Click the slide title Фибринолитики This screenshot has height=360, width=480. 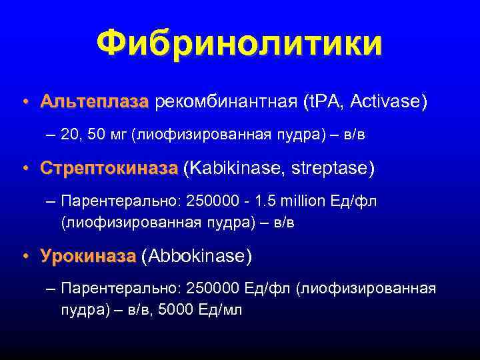[239, 44]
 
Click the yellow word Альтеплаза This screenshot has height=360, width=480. [94, 102]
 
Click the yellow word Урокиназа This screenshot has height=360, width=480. [88, 255]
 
